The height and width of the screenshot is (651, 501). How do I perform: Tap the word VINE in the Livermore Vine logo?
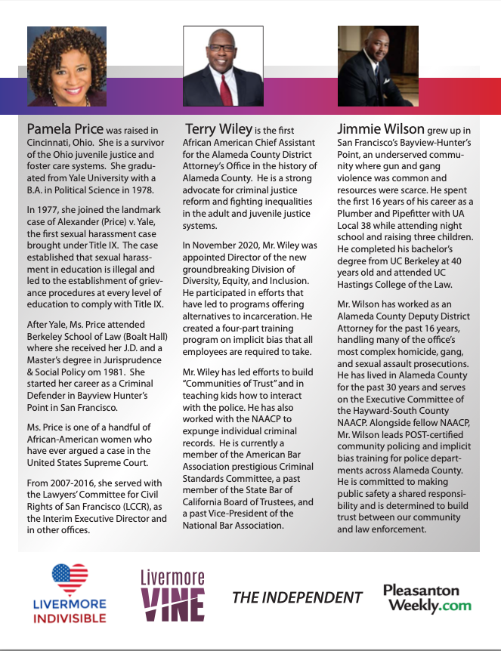pos(173,605)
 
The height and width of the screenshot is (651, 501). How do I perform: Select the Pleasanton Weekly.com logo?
pos(427,597)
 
